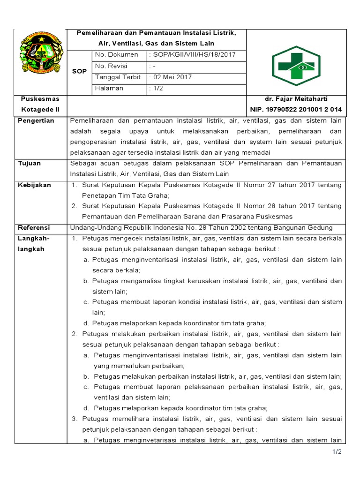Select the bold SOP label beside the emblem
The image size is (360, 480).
79,71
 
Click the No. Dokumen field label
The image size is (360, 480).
116,55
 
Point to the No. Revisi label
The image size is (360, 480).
111,66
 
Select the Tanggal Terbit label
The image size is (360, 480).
118,77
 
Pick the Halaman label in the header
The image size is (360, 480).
109,88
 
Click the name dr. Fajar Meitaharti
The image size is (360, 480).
296,99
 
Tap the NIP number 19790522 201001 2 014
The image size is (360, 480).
296,110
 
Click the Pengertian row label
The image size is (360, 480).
36,121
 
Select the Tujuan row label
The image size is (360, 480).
29,164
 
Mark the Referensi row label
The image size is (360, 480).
34,228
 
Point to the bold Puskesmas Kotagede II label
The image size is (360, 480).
41,104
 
